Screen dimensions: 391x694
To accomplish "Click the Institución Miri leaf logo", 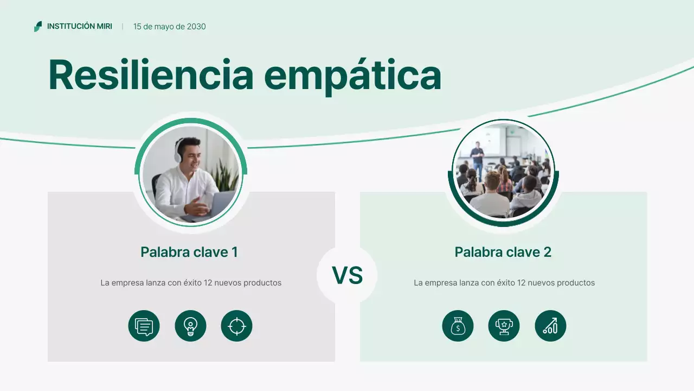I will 38,27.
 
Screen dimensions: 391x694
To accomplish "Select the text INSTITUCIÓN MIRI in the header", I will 80,27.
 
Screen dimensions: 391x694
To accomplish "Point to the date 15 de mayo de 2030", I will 169,27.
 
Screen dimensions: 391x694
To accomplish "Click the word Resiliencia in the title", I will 151,74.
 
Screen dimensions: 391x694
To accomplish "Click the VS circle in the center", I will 347,275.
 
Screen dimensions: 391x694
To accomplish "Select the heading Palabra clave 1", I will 189,252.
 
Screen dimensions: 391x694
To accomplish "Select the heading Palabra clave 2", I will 503,252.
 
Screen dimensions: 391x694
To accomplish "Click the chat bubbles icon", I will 144,326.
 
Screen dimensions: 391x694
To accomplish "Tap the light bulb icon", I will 190,326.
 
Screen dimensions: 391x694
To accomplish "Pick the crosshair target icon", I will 237,326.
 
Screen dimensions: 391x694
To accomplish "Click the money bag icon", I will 458,326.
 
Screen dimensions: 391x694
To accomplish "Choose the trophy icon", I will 504,326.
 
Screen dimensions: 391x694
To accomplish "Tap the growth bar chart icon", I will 550,326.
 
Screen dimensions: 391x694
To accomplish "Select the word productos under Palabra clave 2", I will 575,283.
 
